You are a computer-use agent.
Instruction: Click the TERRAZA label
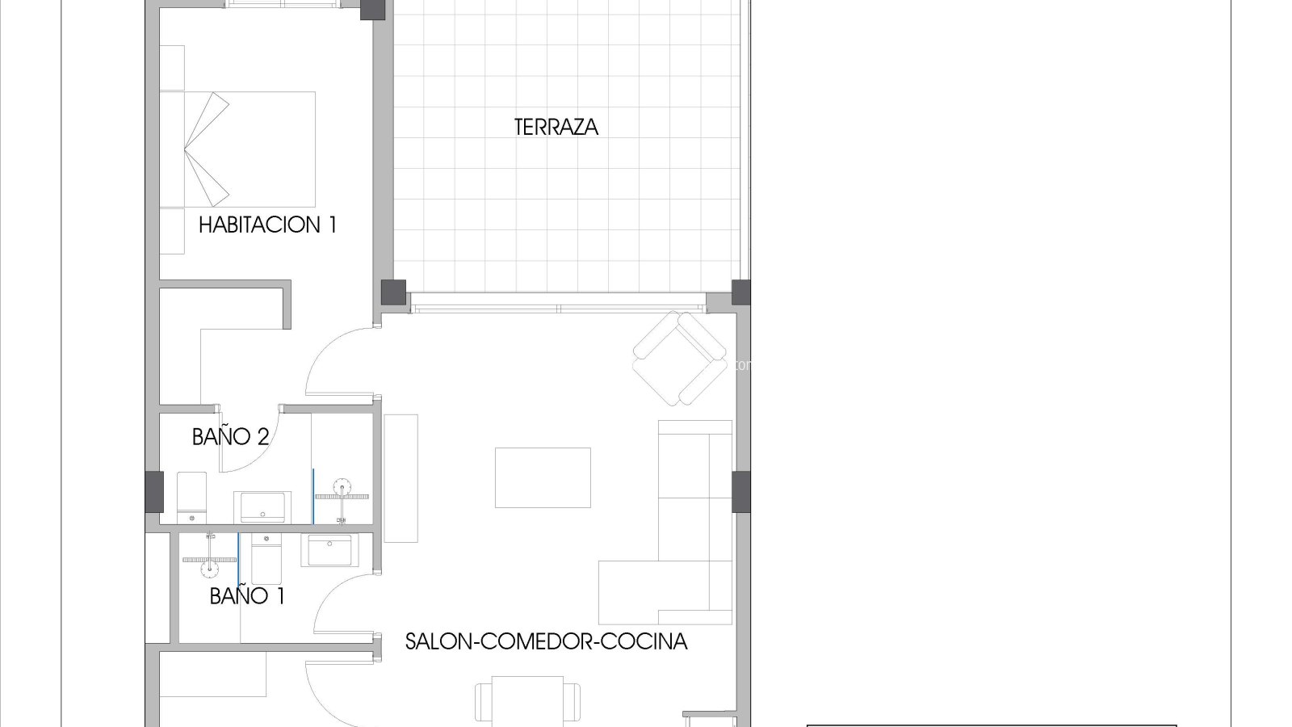click(x=556, y=128)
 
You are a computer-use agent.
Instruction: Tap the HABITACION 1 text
click(x=267, y=225)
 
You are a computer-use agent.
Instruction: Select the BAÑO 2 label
click(x=231, y=437)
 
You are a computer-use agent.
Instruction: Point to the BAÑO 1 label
click(x=247, y=596)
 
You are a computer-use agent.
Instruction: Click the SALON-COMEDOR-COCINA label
click(x=546, y=642)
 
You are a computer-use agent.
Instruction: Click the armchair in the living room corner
click(x=680, y=359)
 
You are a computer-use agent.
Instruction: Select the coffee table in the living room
click(x=543, y=477)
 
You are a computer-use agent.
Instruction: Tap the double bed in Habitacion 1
click(x=237, y=149)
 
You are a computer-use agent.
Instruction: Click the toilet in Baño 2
click(x=191, y=498)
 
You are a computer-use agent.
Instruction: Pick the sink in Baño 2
click(x=262, y=507)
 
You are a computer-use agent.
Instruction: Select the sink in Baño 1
click(x=329, y=550)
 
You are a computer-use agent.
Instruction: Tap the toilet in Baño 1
click(x=266, y=558)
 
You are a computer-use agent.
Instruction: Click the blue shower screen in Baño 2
click(x=313, y=496)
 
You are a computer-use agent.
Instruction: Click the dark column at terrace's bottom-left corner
click(x=393, y=292)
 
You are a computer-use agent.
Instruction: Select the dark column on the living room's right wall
click(x=741, y=492)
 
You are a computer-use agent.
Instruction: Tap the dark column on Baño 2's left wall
click(x=154, y=492)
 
